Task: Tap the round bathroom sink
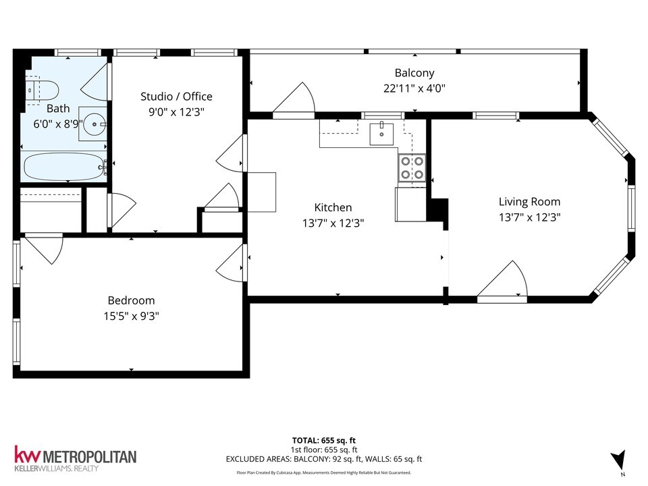93,124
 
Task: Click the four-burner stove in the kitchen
411,168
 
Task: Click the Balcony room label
414,73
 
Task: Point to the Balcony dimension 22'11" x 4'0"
414,88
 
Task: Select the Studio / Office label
176,97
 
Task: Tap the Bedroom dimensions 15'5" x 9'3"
131,315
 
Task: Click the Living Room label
529,201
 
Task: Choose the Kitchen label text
333,207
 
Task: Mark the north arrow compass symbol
617,460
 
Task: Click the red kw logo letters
28,456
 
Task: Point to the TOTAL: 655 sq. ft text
324,439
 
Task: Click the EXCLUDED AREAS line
324,460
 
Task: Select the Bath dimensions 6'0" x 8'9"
58,124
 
